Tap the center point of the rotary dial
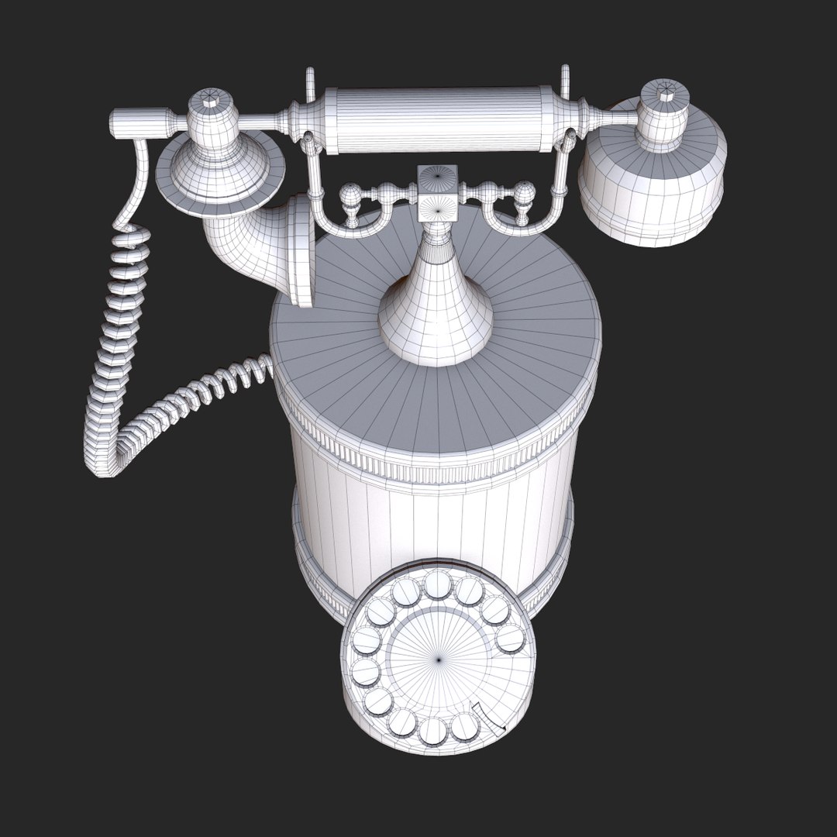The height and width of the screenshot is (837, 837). pyautogui.click(x=439, y=660)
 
